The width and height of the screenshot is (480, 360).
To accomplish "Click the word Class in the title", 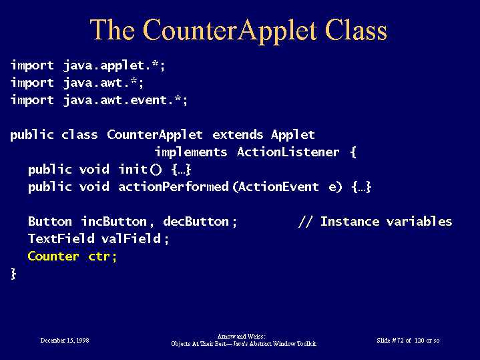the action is (356, 30).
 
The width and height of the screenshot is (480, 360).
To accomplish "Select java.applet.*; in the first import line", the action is (114, 65).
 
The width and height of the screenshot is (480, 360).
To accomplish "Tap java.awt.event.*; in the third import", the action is (126, 100).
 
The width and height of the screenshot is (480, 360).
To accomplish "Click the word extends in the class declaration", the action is (238, 134).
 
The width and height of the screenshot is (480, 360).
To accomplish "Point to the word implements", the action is (191, 152).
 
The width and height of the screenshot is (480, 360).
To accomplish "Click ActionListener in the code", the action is (288, 152).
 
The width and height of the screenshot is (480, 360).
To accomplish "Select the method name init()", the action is (140, 169).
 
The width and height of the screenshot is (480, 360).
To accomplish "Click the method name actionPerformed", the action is (174, 186).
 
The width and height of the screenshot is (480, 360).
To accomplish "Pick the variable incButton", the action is (114, 222).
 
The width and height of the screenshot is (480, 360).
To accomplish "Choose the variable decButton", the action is (196, 222).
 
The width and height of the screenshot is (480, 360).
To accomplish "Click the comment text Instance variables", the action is (386, 221).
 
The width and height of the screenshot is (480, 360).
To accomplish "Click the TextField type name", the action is (61, 238).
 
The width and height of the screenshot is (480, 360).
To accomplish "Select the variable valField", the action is (131, 238).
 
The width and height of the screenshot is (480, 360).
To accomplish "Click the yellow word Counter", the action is (53, 256).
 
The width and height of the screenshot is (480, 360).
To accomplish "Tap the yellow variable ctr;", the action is (103, 256).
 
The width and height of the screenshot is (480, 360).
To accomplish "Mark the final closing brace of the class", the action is (13, 274).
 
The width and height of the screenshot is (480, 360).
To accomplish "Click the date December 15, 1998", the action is (65, 341).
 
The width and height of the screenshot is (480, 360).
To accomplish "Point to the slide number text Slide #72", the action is (390, 341).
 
